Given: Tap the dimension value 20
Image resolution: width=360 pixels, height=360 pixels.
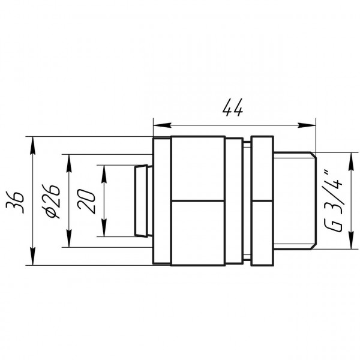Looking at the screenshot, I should pos(88,201).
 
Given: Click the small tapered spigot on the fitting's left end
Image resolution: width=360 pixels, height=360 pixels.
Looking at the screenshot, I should pos(142,200).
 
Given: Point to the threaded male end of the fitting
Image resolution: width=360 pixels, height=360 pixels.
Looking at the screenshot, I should pos(293,200).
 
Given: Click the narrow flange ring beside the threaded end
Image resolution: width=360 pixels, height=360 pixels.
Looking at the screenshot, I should pos(261,200).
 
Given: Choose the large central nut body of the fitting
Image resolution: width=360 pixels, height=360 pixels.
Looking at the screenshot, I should pos(198,200).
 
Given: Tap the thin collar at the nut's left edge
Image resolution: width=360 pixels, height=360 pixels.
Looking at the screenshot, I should pos(162,200).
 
